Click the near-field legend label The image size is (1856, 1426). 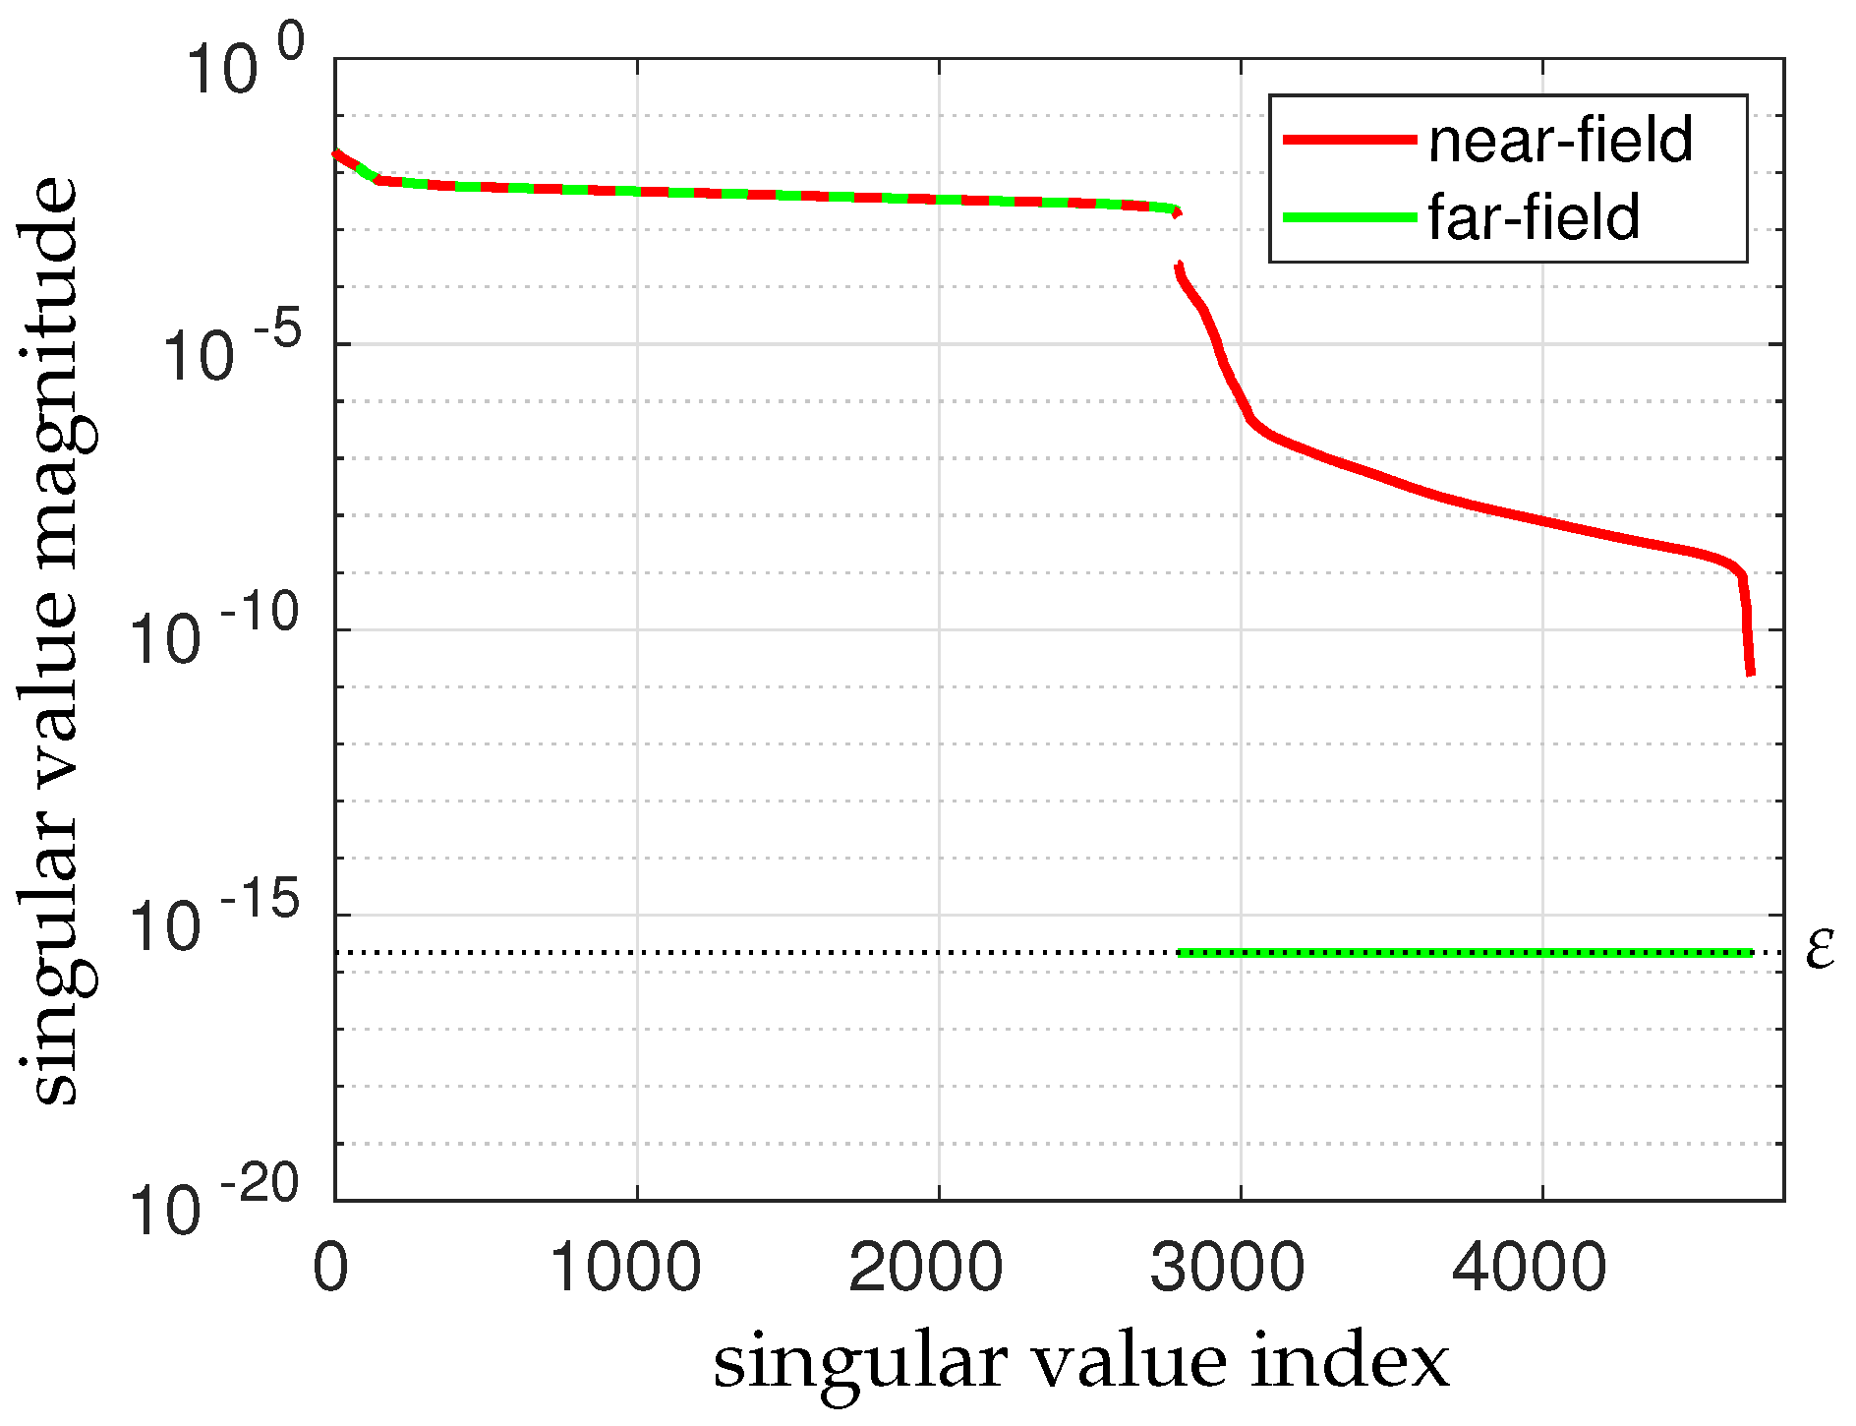1560,140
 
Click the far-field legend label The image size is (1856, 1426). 1534,217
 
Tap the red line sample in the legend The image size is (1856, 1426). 1349,140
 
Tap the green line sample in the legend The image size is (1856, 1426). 1349,216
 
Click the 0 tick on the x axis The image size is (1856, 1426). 331,1269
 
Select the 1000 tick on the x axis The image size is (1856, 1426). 626,1269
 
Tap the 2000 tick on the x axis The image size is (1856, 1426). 927,1269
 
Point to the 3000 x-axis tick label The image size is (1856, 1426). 1229,1269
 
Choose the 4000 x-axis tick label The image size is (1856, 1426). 1531,1269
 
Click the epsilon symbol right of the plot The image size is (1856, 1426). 1821,952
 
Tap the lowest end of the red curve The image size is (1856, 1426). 1751,674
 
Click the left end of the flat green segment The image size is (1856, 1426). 1182,952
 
